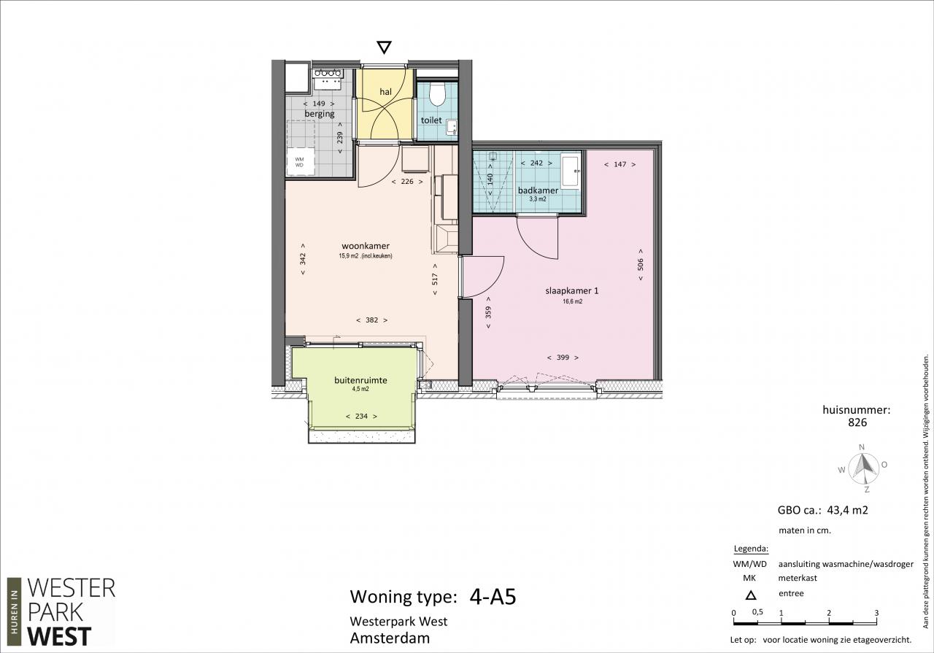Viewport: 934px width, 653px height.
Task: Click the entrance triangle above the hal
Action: [x=384, y=47]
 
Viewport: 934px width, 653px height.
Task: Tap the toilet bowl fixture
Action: [x=437, y=94]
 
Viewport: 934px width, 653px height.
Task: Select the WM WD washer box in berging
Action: [x=300, y=162]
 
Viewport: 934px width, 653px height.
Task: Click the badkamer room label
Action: [x=538, y=190]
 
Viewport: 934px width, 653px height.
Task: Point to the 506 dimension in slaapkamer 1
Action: [x=641, y=264]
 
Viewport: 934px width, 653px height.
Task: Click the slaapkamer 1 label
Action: [x=571, y=290]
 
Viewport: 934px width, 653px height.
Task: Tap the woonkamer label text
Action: [x=366, y=246]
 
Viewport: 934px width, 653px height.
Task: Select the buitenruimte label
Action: [x=360, y=380]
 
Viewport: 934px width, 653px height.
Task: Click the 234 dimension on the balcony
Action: [x=361, y=416]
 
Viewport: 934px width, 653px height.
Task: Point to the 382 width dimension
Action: [x=372, y=320]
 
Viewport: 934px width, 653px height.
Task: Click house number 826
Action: [x=857, y=422]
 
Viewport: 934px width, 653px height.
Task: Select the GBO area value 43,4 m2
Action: [x=848, y=510]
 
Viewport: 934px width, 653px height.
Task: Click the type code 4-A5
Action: [x=493, y=597]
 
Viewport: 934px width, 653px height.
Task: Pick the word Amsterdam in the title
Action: [x=390, y=638]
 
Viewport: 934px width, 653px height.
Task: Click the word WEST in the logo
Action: [x=59, y=636]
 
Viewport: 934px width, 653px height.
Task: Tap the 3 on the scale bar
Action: [x=876, y=613]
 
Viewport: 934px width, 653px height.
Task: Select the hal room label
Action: [x=386, y=91]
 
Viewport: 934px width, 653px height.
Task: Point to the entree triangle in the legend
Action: [x=751, y=595]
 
